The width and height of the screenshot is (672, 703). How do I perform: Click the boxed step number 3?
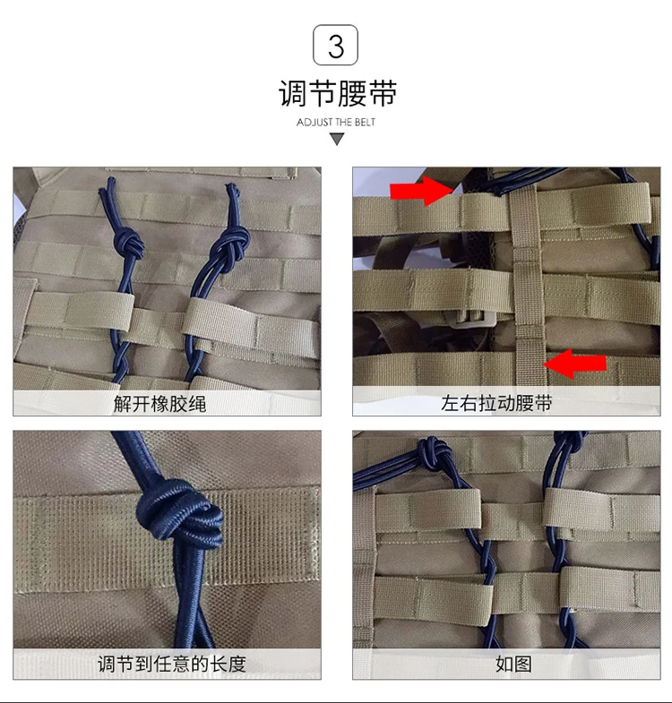[x=335, y=45]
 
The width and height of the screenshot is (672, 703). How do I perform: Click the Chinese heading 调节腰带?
[x=338, y=94]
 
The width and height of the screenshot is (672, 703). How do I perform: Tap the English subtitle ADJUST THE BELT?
[x=335, y=123]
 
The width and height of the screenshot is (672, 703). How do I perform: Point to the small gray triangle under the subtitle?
[x=337, y=139]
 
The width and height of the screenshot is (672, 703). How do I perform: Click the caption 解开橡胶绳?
[x=159, y=404]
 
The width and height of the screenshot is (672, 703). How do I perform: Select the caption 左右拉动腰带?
[x=496, y=403]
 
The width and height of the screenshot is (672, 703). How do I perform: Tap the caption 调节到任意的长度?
[x=171, y=664]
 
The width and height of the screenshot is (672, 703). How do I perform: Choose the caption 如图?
[x=513, y=664]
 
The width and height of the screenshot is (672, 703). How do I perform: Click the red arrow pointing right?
[x=422, y=191]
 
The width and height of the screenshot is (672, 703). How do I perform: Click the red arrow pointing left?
[x=575, y=364]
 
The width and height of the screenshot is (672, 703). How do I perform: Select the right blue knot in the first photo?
[x=231, y=244]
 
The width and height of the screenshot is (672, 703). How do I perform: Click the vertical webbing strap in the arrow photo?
[x=527, y=287]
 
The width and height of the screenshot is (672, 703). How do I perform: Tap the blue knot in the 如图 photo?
[x=434, y=453]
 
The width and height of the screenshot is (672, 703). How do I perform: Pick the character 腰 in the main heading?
[x=352, y=94]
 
